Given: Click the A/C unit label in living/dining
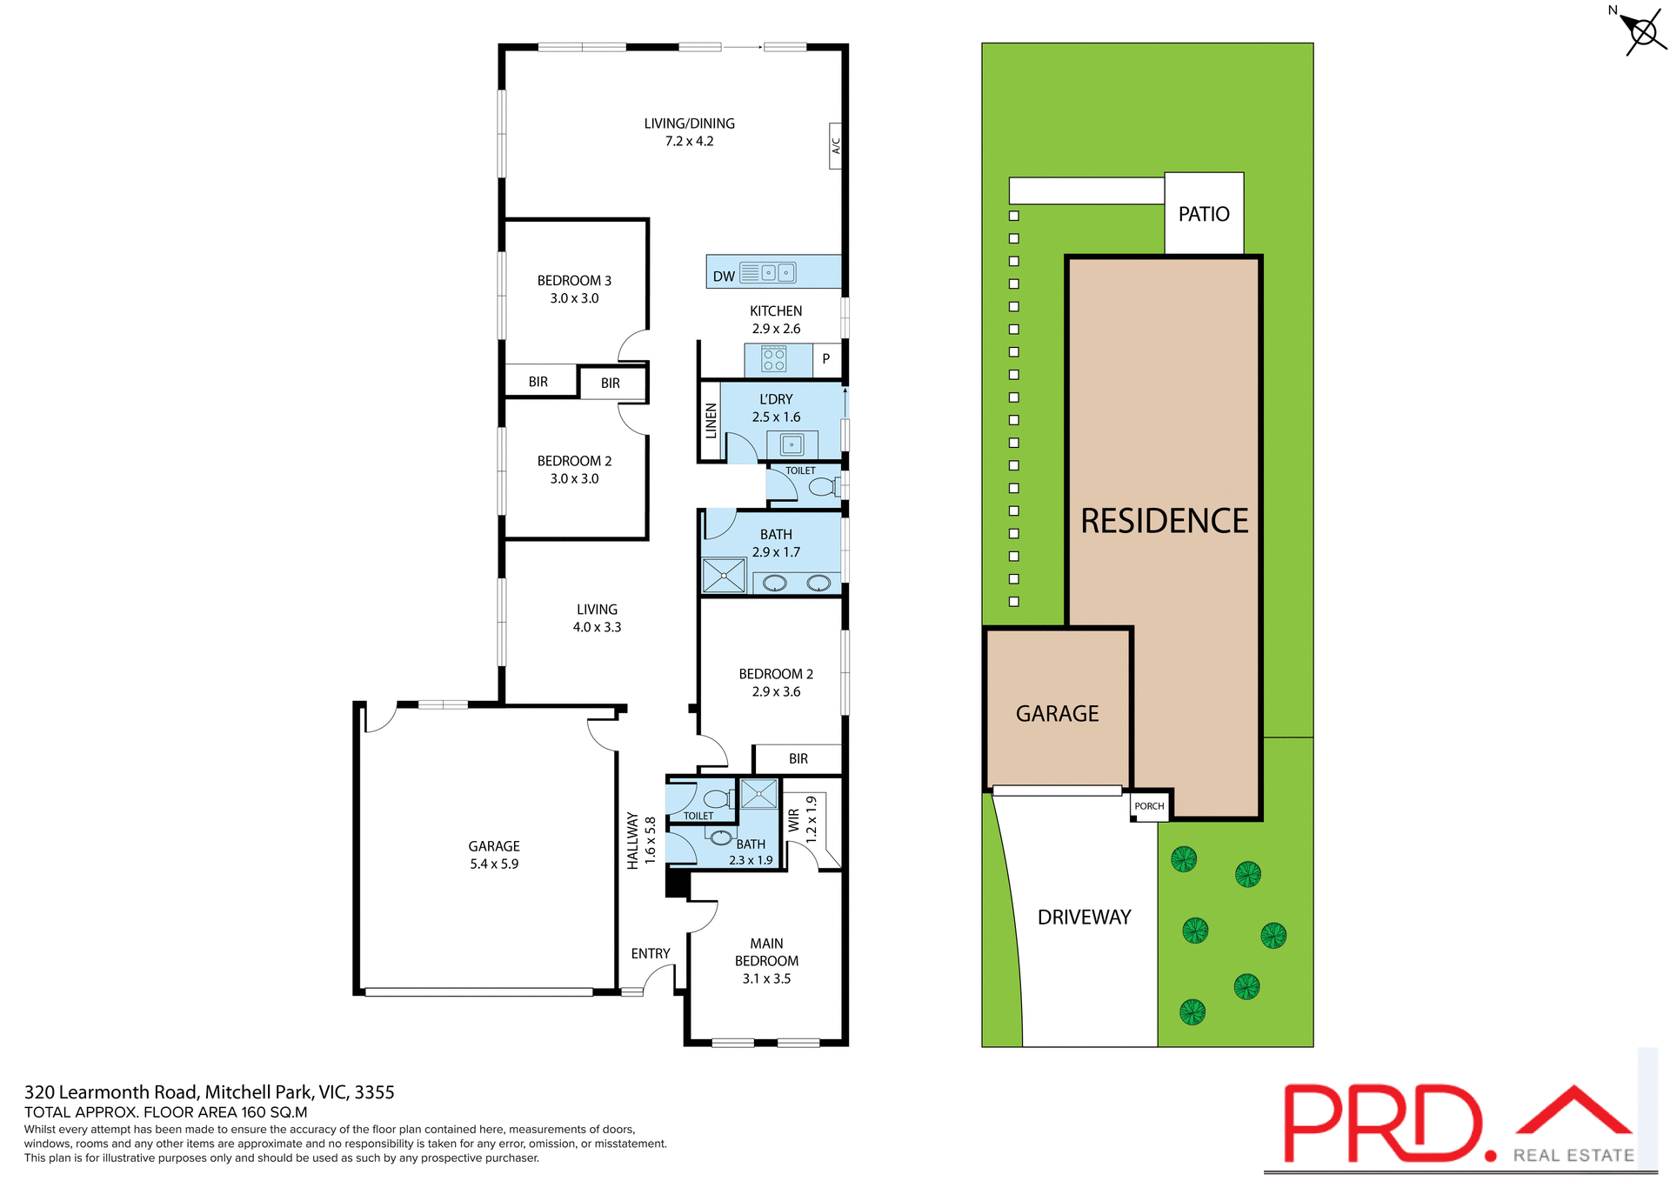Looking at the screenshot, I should pyautogui.click(x=835, y=145).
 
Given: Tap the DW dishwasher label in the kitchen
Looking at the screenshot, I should pyautogui.click(x=724, y=277).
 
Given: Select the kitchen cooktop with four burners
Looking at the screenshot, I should pyautogui.click(x=773, y=359).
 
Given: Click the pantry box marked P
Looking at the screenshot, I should pyautogui.click(x=825, y=358).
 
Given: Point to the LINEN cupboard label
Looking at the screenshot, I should pyautogui.click(x=711, y=421).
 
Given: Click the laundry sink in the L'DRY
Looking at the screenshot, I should pyautogui.click(x=792, y=445).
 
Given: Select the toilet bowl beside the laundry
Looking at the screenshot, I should pyautogui.click(x=821, y=487).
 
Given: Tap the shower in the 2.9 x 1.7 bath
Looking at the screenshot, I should pyautogui.click(x=724, y=576).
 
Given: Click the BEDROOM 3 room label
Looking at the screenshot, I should pyautogui.click(x=574, y=281).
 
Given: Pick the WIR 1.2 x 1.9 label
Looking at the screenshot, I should pyautogui.click(x=802, y=819).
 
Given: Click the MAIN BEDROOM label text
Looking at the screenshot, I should pyautogui.click(x=766, y=952).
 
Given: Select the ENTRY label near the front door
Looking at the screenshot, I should pyautogui.click(x=650, y=954).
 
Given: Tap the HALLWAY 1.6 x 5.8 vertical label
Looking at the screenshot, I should pyautogui.click(x=641, y=840).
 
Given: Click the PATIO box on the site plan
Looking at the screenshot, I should pyautogui.click(x=1204, y=214).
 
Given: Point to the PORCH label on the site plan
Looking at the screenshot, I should pyautogui.click(x=1149, y=806).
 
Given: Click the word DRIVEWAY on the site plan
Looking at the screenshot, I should pyautogui.click(x=1084, y=917).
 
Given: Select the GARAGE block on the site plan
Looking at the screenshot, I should pyautogui.click(x=1057, y=714).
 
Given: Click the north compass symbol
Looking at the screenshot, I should pyautogui.click(x=1642, y=34).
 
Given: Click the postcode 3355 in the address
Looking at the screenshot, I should pyautogui.click(x=374, y=1092).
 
